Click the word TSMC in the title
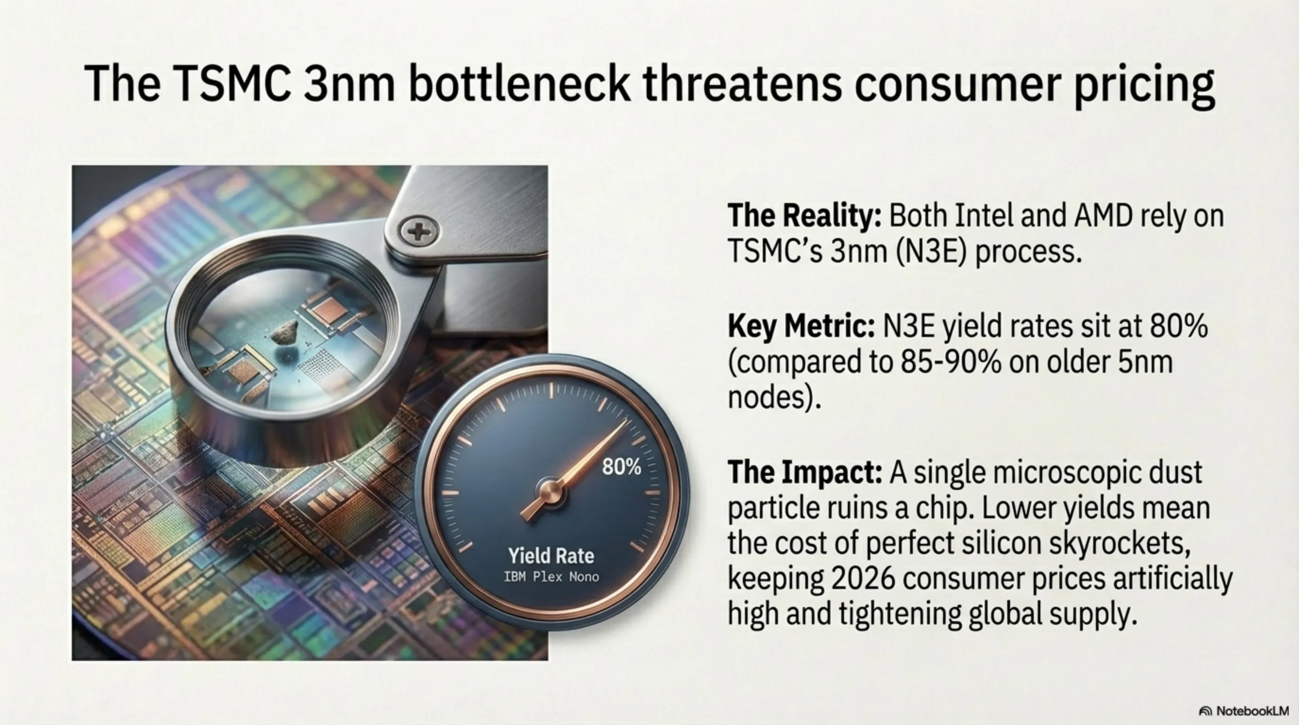coord(231,83)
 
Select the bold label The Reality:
coord(805,216)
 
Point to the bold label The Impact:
coord(805,472)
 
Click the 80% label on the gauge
coord(621,467)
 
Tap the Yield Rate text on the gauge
coord(551,556)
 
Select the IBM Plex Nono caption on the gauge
coord(551,577)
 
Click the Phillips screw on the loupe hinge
coord(419,232)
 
